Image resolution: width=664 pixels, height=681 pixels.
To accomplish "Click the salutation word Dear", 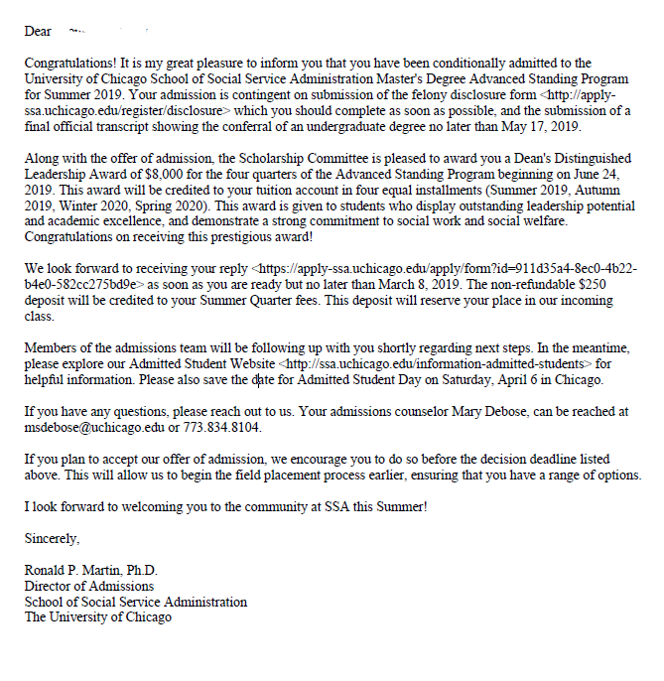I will (x=39, y=31).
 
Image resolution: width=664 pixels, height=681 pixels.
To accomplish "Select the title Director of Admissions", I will (x=89, y=587).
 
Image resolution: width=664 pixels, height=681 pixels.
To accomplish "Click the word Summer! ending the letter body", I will (x=399, y=506).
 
